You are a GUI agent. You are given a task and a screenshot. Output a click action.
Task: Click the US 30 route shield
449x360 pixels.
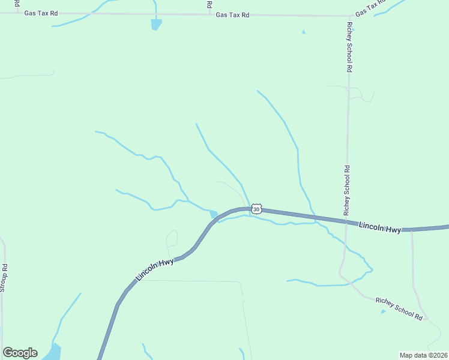point(256,209)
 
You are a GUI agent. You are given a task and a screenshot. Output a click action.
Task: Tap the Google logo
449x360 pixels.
point(20,353)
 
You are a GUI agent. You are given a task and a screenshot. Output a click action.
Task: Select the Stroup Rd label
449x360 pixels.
point(4,277)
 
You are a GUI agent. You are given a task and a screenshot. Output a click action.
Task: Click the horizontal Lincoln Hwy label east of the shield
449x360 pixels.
point(380,227)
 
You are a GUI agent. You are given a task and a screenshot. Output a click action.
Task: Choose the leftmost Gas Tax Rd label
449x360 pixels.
point(41,13)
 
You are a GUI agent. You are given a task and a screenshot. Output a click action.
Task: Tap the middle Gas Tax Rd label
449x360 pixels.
point(232,15)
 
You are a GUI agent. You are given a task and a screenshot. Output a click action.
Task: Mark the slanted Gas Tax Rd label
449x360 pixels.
point(370,8)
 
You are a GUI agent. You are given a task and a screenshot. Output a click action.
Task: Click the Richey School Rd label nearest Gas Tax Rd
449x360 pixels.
point(348,47)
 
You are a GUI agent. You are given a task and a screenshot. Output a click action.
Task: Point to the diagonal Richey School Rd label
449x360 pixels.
point(399,308)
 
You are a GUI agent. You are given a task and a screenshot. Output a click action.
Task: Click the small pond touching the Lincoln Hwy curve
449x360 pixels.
point(213,214)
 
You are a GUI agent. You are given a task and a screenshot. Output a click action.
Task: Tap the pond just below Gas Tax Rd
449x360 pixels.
point(156,24)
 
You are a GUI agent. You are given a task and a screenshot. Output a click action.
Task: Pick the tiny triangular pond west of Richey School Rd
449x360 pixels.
point(304,32)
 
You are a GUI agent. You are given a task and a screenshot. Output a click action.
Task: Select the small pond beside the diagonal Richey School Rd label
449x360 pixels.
point(383,311)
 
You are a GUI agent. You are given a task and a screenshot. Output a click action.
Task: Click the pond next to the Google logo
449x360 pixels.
point(53,352)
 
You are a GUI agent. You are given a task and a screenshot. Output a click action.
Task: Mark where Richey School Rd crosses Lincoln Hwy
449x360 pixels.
point(346,222)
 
